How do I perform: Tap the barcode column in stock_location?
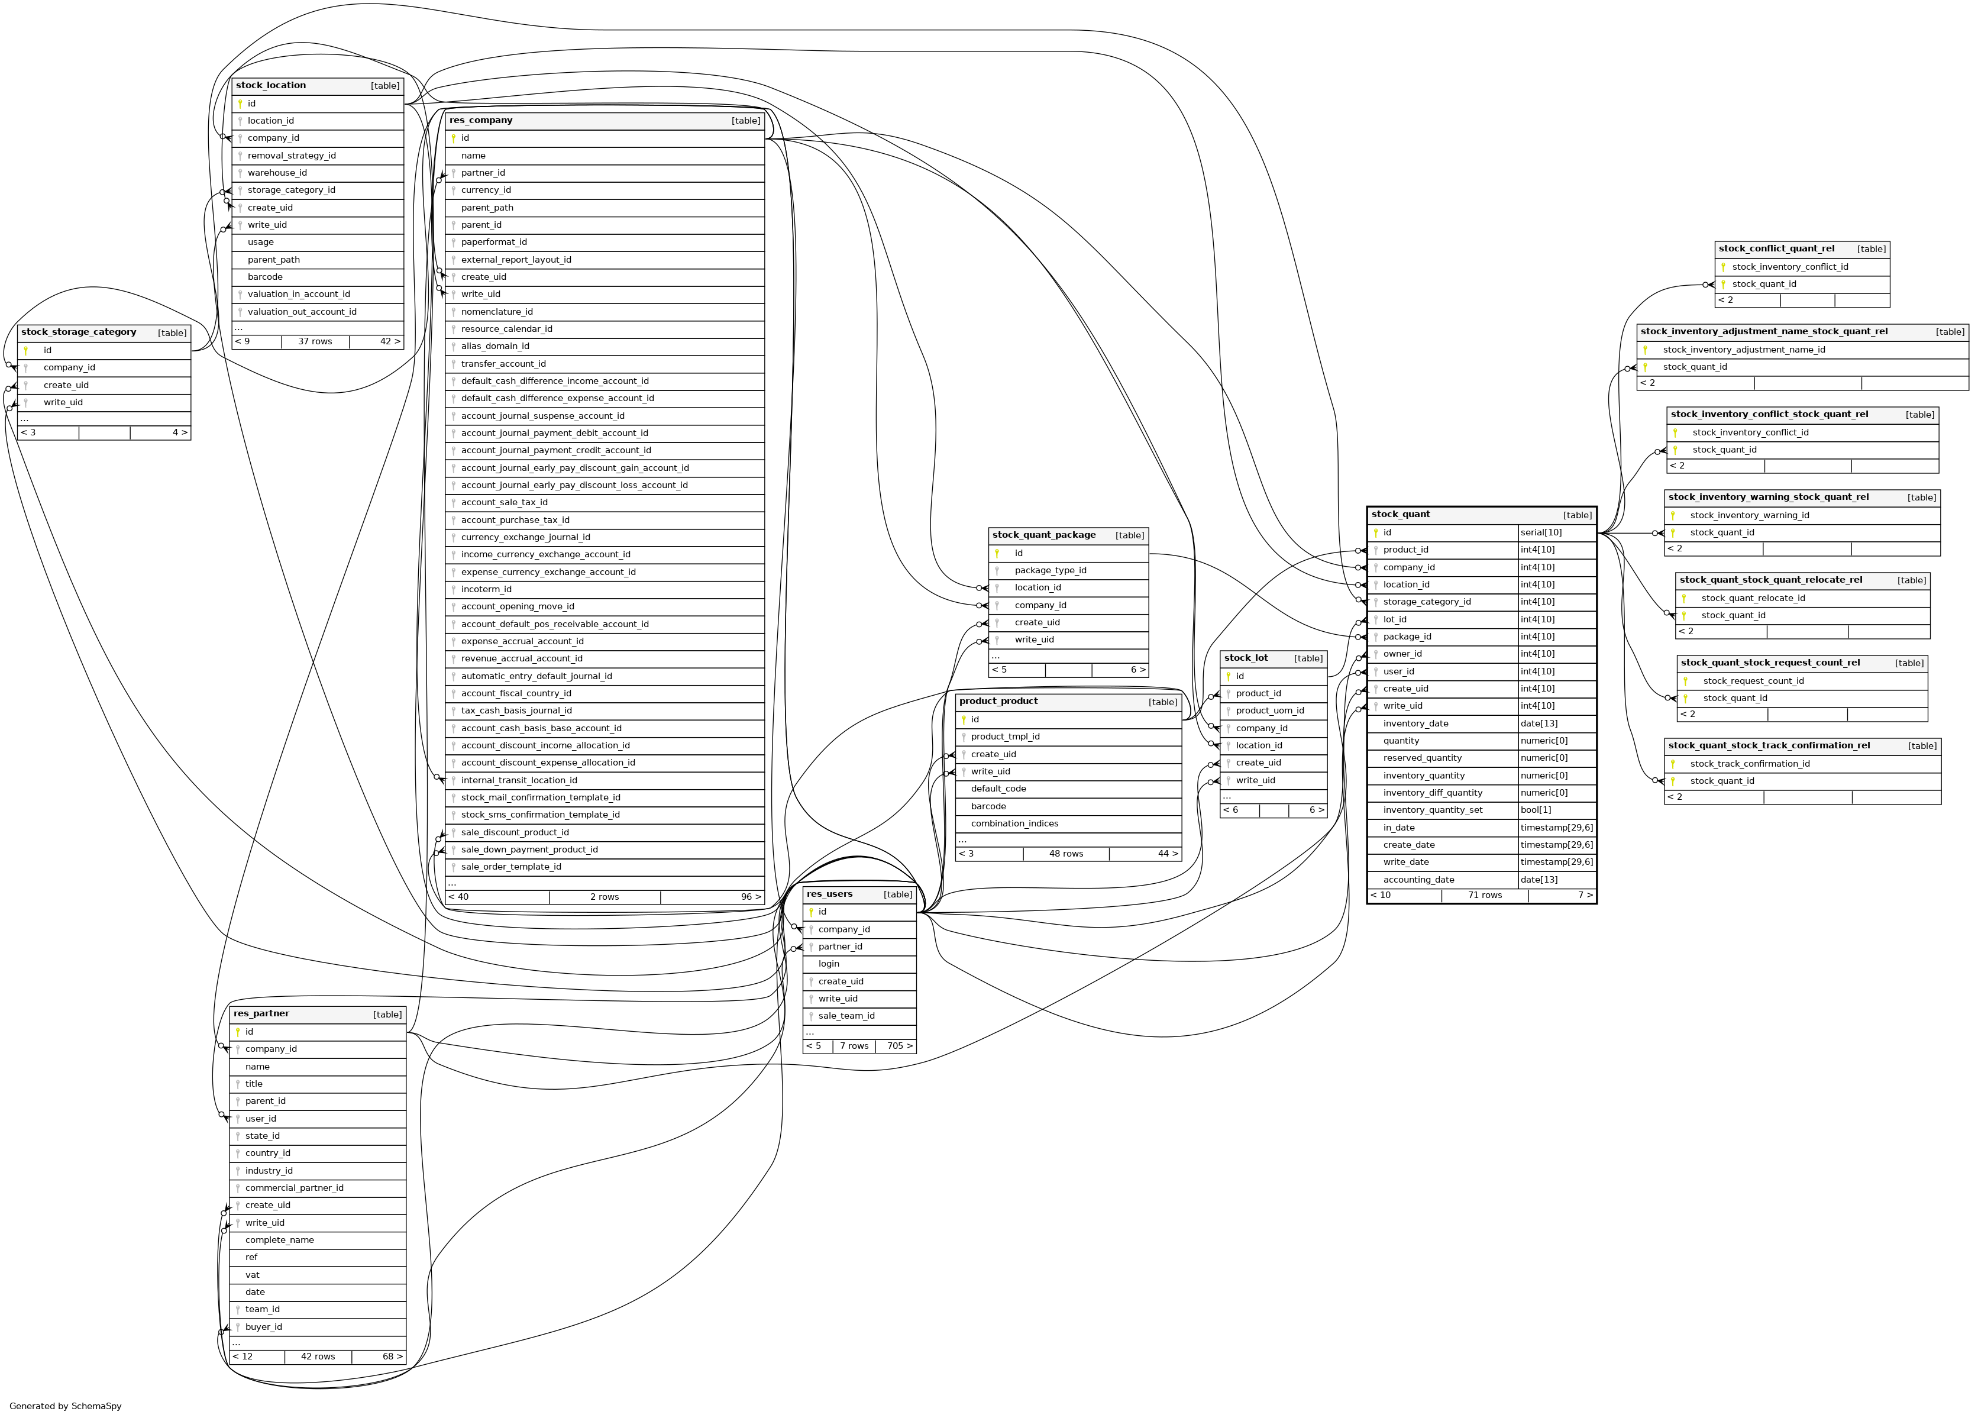[x=265, y=277]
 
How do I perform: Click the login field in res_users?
[x=829, y=964]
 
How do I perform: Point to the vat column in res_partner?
[x=252, y=1275]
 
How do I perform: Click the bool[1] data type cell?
[x=1536, y=810]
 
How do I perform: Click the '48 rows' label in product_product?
[x=1066, y=854]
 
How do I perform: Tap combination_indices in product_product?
[x=1014, y=823]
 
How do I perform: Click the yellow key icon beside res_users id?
[x=811, y=912]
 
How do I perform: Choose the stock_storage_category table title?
[x=79, y=332]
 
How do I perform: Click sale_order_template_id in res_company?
[x=511, y=867]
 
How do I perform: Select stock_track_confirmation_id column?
[x=1750, y=764]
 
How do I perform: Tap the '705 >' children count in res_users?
[x=899, y=1046]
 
